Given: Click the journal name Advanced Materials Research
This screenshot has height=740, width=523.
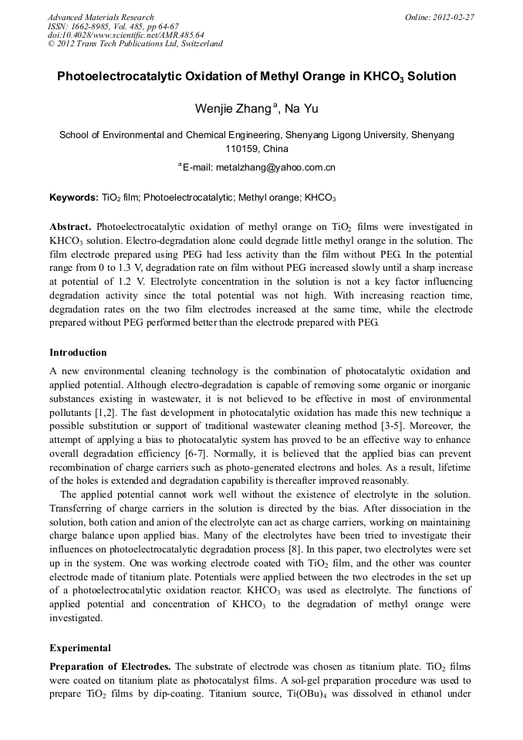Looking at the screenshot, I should [101, 17].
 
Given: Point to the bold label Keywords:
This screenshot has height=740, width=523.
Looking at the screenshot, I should [73, 198].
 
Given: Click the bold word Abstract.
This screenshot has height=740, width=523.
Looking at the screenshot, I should [71, 227].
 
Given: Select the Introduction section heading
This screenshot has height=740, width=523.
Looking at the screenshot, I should [78, 353].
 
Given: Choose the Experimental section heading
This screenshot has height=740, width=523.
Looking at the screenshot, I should [80, 647].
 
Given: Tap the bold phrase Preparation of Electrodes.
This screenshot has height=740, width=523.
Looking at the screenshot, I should [111, 666].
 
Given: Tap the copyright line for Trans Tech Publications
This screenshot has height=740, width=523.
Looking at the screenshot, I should [135, 44].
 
